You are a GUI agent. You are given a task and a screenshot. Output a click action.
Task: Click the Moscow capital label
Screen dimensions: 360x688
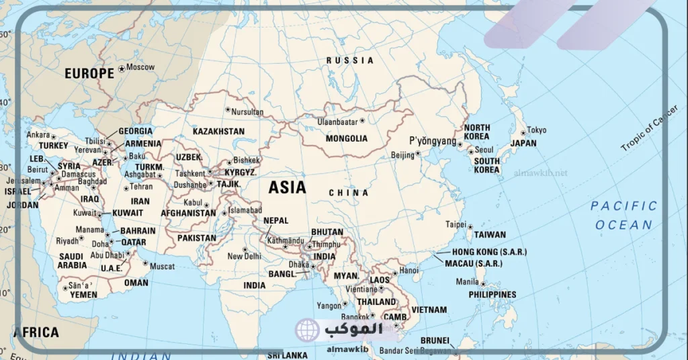point(140,67)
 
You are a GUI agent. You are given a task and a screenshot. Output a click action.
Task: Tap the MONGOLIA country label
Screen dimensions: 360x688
point(346,138)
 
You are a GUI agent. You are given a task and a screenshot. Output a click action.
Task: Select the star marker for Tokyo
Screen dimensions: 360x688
point(522,130)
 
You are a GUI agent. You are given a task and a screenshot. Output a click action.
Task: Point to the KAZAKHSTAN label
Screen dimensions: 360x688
point(218,132)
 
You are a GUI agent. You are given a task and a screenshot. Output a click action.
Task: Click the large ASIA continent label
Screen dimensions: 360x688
point(287,187)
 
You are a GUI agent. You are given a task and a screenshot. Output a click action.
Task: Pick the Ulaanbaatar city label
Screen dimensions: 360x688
point(338,122)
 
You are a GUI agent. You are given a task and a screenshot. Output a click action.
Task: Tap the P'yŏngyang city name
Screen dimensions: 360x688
point(433,141)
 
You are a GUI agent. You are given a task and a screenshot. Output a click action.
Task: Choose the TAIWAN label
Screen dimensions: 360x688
point(490,235)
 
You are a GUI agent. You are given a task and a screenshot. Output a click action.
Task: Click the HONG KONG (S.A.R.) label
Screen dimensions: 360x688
point(489,252)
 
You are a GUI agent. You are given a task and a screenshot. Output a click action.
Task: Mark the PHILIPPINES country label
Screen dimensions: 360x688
point(492,295)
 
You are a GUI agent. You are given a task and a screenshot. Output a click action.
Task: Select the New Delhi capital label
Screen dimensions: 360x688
point(244,256)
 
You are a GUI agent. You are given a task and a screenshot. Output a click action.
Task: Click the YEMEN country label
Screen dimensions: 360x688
point(84,295)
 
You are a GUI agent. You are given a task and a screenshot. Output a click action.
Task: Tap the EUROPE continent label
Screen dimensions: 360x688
point(89,74)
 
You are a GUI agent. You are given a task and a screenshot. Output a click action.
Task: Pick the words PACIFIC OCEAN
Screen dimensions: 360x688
point(624,215)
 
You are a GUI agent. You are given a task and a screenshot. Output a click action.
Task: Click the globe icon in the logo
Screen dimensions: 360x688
point(307,330)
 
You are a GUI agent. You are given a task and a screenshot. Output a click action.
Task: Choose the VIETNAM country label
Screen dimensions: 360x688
point(428,310)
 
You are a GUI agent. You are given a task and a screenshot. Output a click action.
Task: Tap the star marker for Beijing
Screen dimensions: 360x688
point(418,153)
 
